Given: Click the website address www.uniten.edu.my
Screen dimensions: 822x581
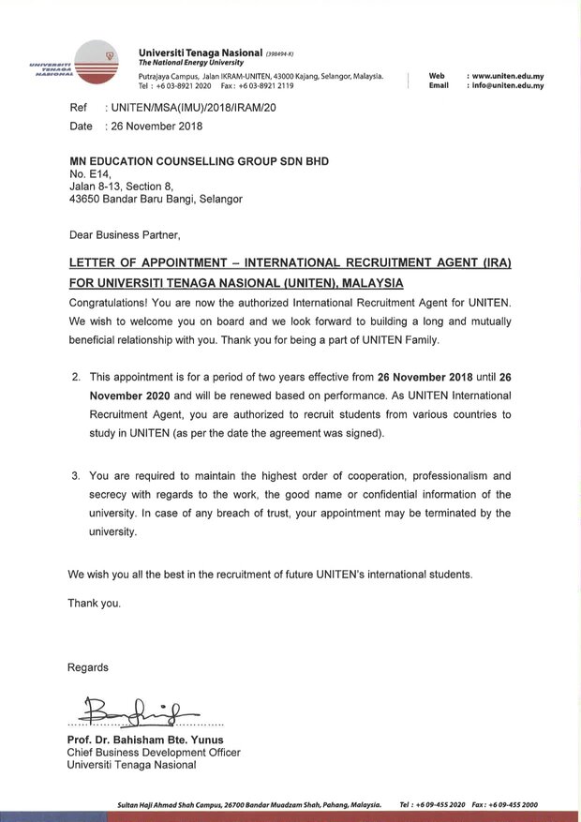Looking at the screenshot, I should point(507,75).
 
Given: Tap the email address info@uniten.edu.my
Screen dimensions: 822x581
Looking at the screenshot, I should point(507,85).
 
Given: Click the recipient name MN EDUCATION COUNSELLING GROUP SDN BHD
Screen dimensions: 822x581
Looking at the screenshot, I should point(199,161).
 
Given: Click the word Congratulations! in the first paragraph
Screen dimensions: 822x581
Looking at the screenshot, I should point(112,304).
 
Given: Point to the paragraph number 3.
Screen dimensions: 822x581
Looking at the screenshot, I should point(76,476).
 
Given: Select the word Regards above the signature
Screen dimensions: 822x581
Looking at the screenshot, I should point(87,667).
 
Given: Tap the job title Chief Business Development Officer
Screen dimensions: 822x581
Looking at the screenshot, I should point(154,752).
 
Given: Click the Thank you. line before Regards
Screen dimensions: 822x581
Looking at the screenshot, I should point(94,603).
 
